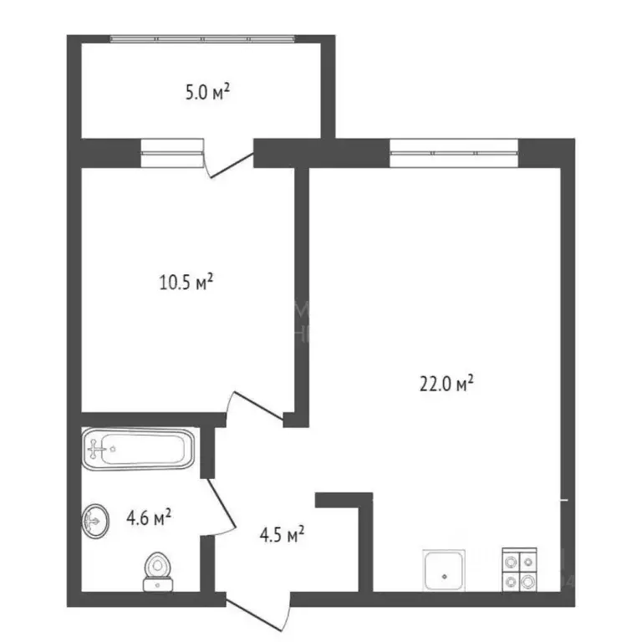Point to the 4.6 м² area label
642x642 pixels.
tap(149, 519)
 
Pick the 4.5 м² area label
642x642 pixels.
tap(278, 533)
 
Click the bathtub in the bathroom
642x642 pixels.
tap(139, 450)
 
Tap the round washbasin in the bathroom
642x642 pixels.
tap(94, 522)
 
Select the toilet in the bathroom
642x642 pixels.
tap(155, 569)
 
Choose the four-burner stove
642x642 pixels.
tap(519, 570)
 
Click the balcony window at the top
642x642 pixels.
tap(202, 38)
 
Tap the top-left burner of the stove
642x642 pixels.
tap(510, 561)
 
